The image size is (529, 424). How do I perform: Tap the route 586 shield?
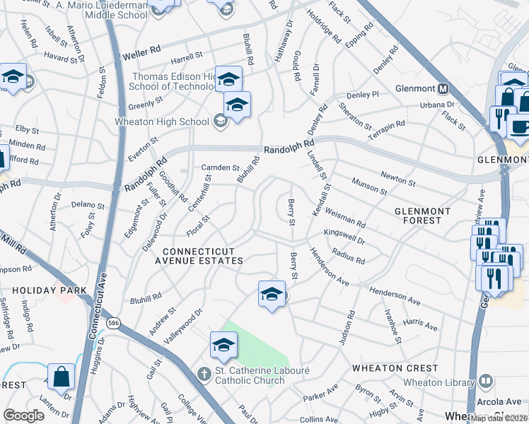coord(113,323)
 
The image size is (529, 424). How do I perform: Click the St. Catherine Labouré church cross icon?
coord(204,372)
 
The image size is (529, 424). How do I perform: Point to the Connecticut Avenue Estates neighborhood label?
coord(203,256)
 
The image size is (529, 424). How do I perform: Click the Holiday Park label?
coord(49,290)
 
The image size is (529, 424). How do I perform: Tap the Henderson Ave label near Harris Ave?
coord(395,295)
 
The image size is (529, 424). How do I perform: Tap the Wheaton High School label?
coord(163,122)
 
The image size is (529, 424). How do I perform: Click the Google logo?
coord(23,416)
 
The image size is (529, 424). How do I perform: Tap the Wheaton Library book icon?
coord(485,383)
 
